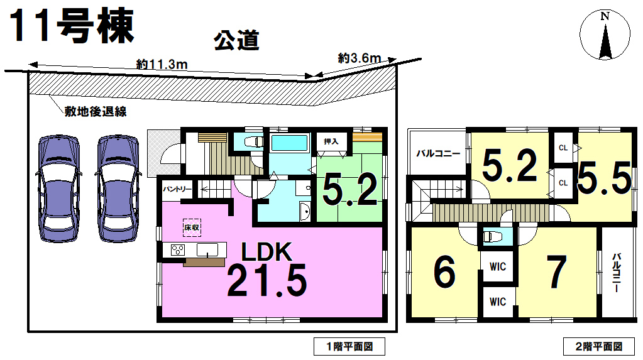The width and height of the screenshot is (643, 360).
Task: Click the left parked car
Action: pyautogui.click(x=59, y=188)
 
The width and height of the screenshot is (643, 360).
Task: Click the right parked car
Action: pyautogui.click(x=118, y=188)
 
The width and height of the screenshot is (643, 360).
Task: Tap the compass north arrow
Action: pyautogui.click(x=605, y=41)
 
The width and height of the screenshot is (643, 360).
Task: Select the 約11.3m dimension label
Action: pyautogui.click(x=162, y=64)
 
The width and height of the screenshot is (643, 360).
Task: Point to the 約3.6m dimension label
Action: pyautogui.click(x=360, y=58)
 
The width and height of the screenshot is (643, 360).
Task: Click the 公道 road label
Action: pyautogui.click(x=236, y=41)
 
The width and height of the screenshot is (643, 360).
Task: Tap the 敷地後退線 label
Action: pyautogui.click(x=96, y=112)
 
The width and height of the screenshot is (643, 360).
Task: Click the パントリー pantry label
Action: pyautogui.click(x=177, y=189)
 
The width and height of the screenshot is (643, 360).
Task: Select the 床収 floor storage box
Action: pyautogui.click(x=192, y=227)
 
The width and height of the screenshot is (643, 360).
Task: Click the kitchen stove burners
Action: pyautogui.click(x=178, y=249)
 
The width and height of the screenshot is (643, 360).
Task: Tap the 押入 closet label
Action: pyautogui.click(x=331, y=141)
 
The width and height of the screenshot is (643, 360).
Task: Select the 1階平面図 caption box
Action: pyautogui.click(x=349, y=346)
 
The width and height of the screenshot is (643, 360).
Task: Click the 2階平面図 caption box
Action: pyautogui.click(x=599, y=346)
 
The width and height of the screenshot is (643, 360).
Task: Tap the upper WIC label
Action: pyautogui.click(x=498, y=266)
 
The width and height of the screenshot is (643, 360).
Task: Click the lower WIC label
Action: pyautogui.click(x=498, y=302)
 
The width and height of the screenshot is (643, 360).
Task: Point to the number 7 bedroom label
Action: pyautogui.click(x=557, y=271)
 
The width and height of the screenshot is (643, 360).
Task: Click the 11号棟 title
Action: pyautogui.click(x=72, y=26)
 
